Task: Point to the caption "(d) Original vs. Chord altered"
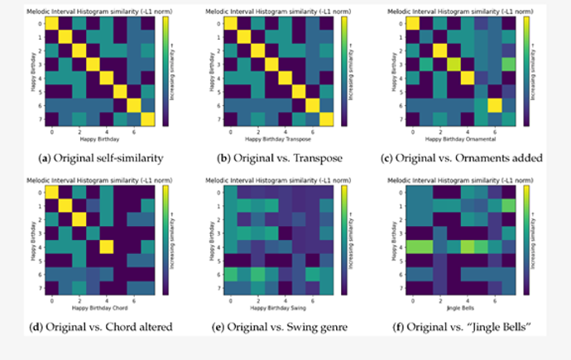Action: click(x=101, y=326)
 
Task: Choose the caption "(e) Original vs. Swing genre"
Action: click(x=285, y=326)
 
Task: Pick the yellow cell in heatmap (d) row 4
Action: click(x=107, y=246)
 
